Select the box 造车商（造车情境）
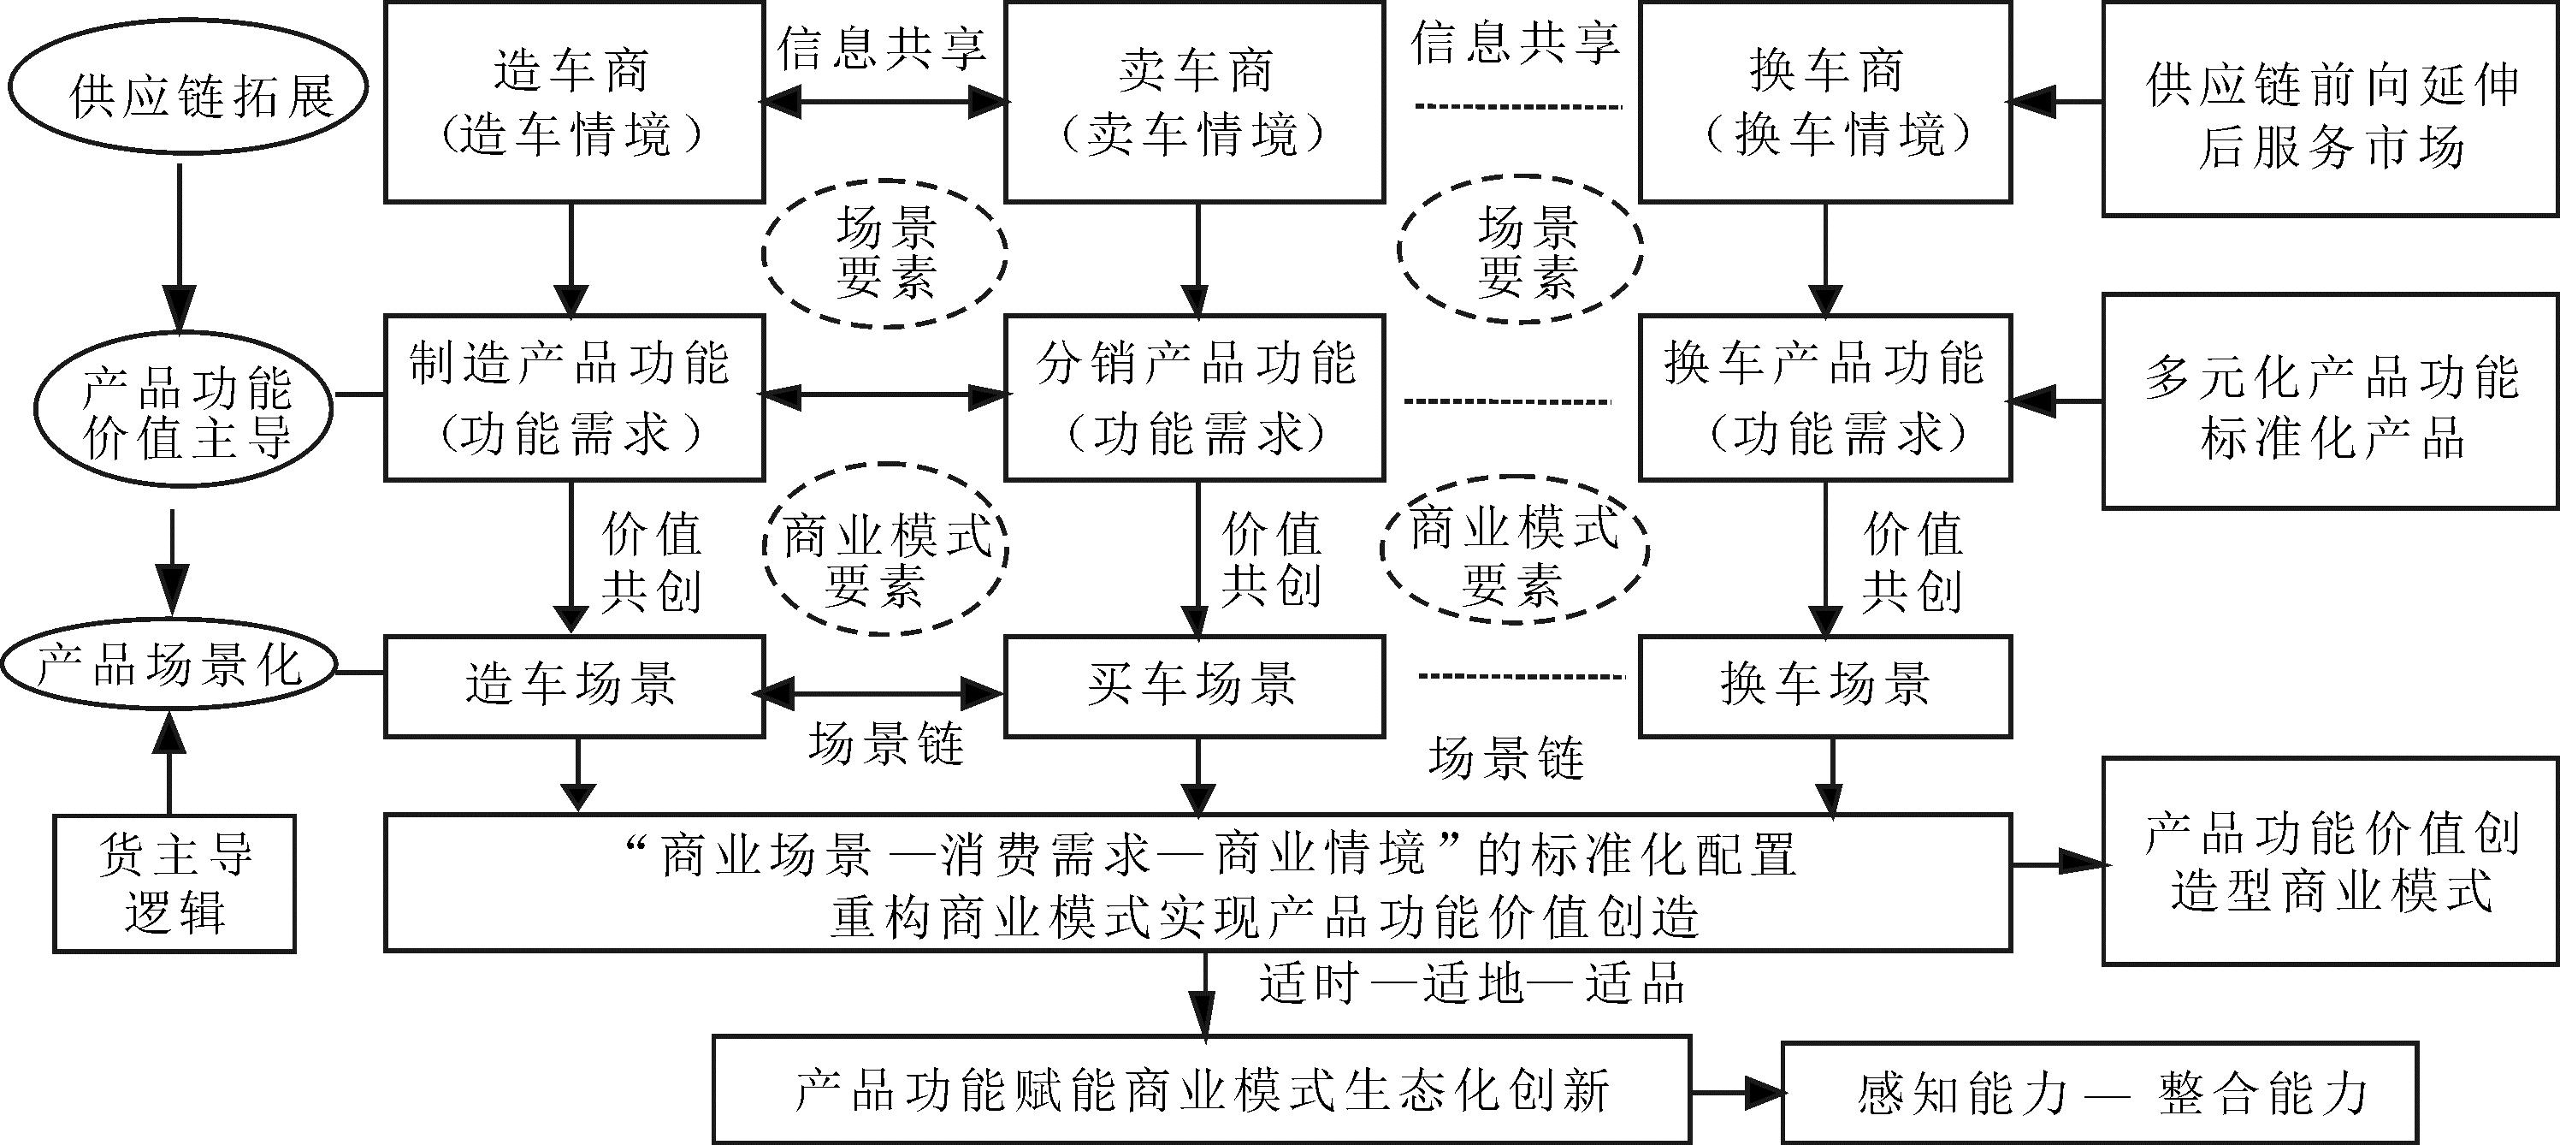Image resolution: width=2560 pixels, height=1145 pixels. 573,103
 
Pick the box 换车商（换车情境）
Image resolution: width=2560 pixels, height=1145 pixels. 1824,103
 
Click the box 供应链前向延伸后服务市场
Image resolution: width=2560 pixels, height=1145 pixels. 2329,110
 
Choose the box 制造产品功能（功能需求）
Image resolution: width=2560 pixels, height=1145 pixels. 573,398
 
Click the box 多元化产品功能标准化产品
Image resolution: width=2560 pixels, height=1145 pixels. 2329,401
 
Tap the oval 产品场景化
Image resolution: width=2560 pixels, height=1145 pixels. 169,666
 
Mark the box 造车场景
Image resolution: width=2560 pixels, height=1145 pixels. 573,685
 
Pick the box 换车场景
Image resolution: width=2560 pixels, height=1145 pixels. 1824,685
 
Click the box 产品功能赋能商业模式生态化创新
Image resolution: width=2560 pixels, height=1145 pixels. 1202,1089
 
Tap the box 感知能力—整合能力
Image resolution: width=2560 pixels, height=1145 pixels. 2099,1092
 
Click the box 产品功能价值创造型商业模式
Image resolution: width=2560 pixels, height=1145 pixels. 2329,861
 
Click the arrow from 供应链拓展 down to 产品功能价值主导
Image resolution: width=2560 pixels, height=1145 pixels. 179,248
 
